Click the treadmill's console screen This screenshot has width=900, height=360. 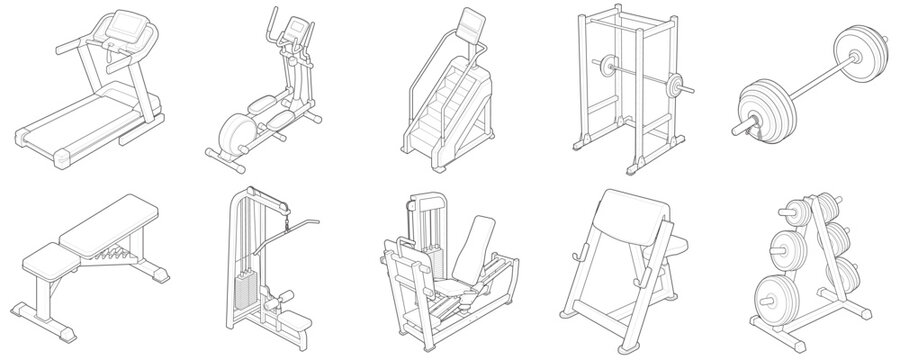pos(127,23)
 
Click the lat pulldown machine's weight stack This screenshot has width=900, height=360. pos(242,290)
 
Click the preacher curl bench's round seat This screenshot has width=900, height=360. pos(676,243)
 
